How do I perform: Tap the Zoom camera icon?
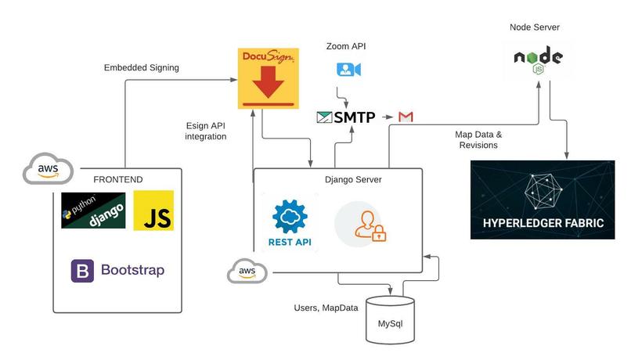[x=348, y=70]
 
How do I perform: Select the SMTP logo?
[x=346, y=117]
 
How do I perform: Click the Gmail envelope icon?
[x=406, y=117]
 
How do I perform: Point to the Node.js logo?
[x=538, y=60]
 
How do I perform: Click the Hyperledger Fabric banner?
[x=548, y=200]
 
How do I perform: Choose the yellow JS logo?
[x=153, y=210]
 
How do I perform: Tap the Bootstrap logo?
[x=118, y=271]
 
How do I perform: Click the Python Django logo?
[x=93, y=210]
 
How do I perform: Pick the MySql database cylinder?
[x=390, y=319]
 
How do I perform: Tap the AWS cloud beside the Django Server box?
[x=247, y=272]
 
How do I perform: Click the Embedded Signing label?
[x=142, y=68]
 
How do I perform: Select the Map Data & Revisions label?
[x=478, y=139]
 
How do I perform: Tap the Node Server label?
[x=535, y=27]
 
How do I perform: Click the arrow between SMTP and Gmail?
[x=386, y=117]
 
